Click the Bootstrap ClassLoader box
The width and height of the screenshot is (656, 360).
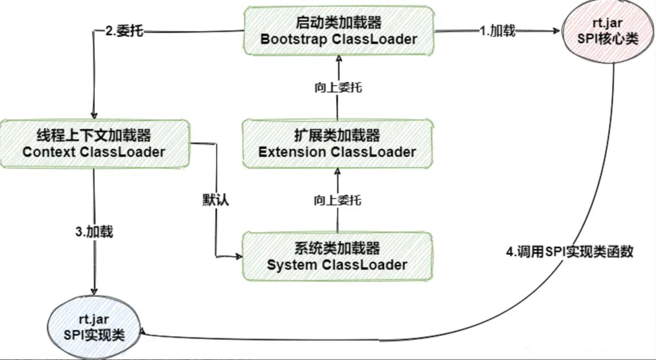[x=339, y=31]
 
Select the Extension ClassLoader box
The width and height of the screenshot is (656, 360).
[x=337, y=144]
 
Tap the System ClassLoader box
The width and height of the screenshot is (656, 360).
[x=337, y=257]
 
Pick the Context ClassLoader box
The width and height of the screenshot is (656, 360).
[x=95, y=144]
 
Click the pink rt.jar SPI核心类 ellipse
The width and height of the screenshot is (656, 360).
[x=607, y=32]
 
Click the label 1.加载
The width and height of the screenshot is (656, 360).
[x=497, y=31]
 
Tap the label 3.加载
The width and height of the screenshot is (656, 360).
[x=94, y=232]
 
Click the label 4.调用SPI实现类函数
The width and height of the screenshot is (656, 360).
[x=569, y=252]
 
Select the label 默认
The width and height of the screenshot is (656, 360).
[x=216, y=199]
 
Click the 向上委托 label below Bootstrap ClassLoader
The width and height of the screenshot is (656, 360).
[x=338, y=87]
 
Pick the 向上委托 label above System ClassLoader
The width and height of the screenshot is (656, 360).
[x=338, y=200]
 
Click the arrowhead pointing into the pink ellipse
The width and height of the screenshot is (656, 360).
[x=557, y=31]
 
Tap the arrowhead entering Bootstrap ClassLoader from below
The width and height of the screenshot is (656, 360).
[x=339, y=59]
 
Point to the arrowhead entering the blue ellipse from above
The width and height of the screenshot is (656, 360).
[x=94, y=291]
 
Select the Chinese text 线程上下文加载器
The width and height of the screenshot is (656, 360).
[x=94, y=135]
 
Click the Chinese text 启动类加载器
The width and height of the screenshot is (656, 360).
[x=338, y=22]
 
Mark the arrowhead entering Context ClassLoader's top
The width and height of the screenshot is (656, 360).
[x=94, y=115]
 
